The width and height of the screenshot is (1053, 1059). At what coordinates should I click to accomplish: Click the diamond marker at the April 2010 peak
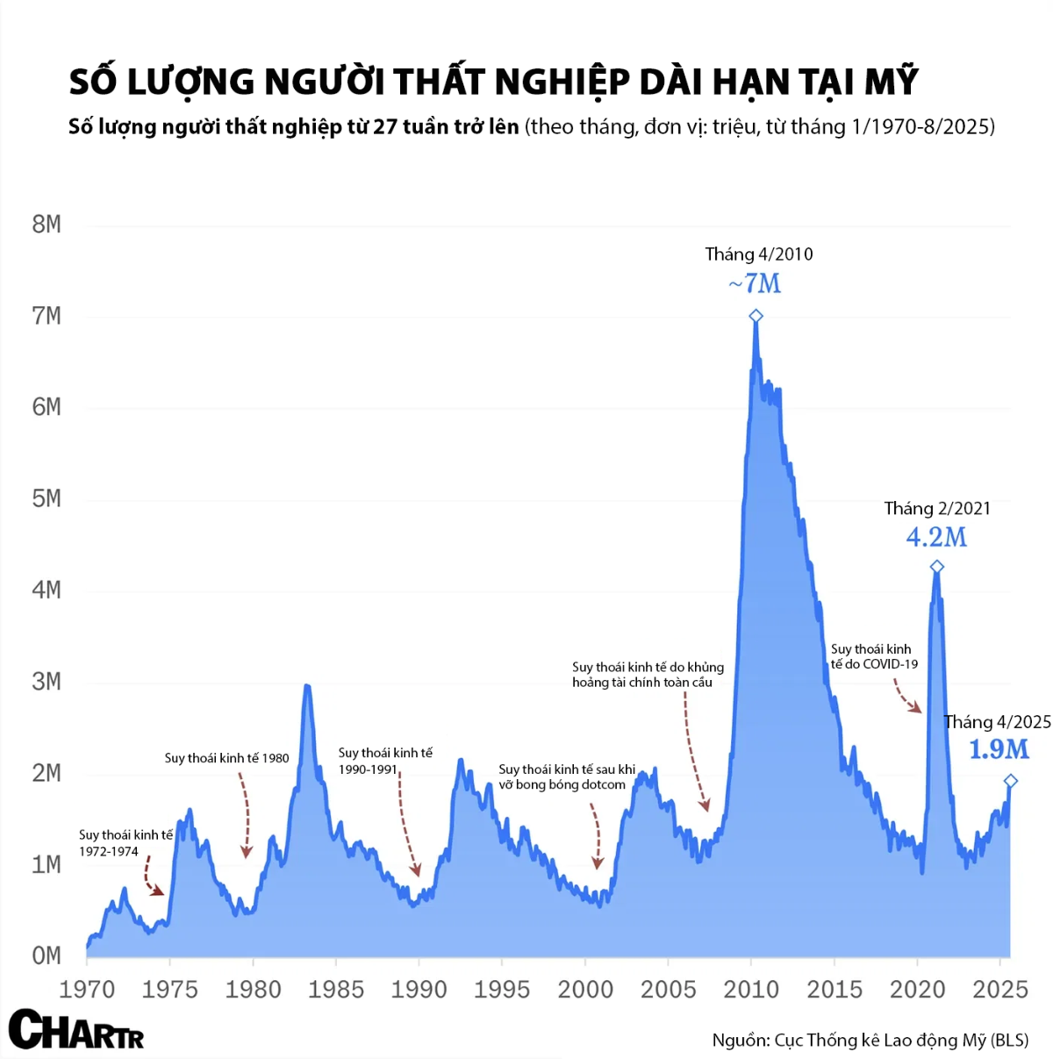(756, 316)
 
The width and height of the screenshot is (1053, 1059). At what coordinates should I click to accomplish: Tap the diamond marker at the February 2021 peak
(936, 567)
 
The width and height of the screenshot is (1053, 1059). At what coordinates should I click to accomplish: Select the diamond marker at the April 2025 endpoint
(1010, 781)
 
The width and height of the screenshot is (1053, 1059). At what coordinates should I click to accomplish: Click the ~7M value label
(755, 283)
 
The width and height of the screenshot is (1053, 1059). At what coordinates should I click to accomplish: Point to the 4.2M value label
(936, 537)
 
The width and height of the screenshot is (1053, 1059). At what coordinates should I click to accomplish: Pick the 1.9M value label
(999, 749)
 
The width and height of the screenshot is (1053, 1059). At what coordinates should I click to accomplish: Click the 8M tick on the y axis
(47, 225)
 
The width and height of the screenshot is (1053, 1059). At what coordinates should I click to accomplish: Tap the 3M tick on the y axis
(47, 682)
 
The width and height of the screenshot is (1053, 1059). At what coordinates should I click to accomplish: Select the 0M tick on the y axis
(47, 955)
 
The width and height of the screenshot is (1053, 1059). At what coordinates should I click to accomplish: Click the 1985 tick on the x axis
(336, 990)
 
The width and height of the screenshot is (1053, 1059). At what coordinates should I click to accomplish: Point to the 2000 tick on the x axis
(585, 990)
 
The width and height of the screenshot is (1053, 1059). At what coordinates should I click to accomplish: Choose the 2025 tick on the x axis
(1000, 990)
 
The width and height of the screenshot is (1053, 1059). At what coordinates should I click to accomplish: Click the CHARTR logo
(75, 1030)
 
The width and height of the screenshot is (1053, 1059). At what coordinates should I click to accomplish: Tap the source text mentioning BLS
(870, 1041)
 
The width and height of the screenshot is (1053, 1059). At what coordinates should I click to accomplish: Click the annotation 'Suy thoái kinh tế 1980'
(226, 758)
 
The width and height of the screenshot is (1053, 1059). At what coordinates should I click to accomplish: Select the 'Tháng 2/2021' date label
(936, 509)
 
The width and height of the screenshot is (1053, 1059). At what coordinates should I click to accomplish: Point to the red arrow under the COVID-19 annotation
(906, 698)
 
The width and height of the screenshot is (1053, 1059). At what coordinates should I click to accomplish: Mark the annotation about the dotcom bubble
(566, 776)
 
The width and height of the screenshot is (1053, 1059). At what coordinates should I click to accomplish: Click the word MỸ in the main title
(891, 82)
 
